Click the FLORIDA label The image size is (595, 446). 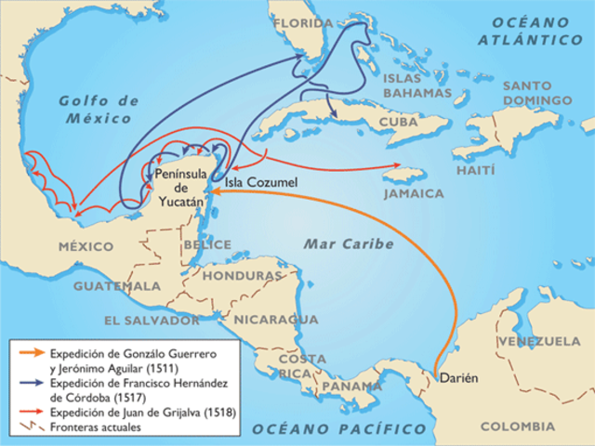point(302,23)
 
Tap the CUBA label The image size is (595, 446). point(399,122)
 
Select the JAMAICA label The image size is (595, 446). point(414,193)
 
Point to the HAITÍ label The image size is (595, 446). point(475,172)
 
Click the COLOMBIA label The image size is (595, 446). point(517,426)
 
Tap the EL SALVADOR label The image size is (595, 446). point(152,320)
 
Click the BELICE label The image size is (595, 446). point(207,243)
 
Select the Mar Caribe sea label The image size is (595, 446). point(349,244)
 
